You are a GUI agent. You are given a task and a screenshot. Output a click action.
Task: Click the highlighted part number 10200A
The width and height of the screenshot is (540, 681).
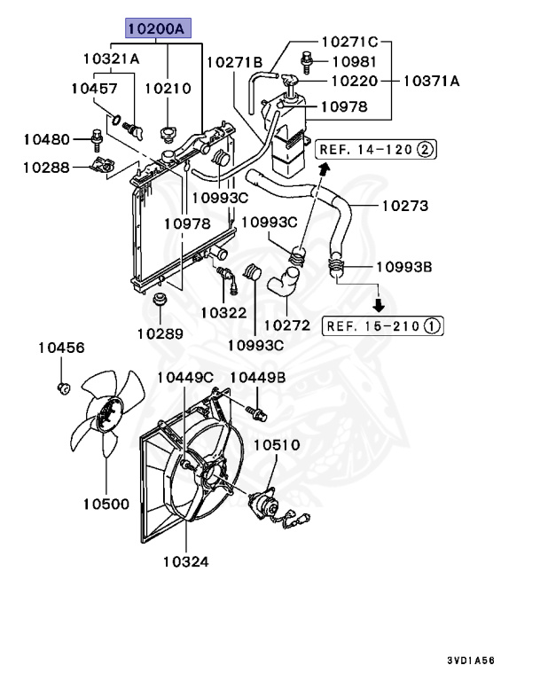[156, 28]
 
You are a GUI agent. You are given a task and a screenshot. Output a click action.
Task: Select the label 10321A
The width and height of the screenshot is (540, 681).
[111, 59]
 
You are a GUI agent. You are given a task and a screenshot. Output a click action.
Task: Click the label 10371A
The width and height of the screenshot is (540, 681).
[431, 81]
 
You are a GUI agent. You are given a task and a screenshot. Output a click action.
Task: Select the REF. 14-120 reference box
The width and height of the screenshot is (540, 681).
[378, 149]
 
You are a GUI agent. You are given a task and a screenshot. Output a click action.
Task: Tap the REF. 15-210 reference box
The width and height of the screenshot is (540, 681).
[382, 326]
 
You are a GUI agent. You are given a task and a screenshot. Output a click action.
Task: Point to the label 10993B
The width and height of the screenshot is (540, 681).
[403, 266]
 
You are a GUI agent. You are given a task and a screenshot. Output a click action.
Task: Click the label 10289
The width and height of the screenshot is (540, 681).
[160, 333]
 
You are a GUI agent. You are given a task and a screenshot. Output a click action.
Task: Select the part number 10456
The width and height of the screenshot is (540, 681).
[61, 348]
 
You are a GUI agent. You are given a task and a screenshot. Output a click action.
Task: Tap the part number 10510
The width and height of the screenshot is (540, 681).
[278, 444]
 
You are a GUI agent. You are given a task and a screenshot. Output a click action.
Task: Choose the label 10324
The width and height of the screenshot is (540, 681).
[186, 560]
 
